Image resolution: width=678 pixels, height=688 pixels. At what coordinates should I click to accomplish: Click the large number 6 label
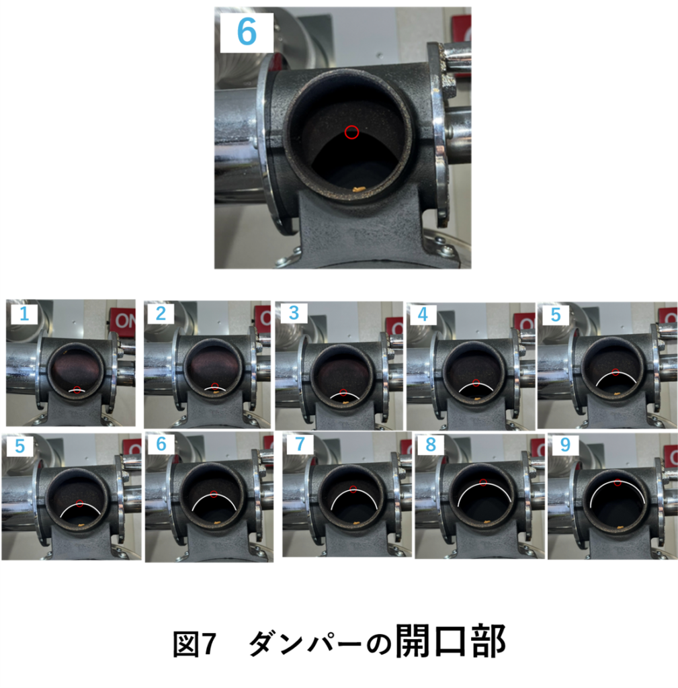[246, 32]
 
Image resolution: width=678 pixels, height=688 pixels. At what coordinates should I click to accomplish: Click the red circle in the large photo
[351, 132]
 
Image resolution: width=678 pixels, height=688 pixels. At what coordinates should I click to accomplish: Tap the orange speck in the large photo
[359, 189]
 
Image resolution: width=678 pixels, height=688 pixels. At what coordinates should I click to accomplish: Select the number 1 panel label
[24, 314]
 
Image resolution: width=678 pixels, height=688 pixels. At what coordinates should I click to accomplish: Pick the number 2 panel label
[161, 314]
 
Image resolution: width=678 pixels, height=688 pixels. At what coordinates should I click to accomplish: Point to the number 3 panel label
[294, 313]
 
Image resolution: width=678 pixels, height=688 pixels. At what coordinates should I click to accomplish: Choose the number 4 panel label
[423, 314]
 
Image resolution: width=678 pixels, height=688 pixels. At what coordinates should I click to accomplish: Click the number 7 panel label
[300, 444]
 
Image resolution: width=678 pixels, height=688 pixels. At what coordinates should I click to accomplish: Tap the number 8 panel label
[431, 445]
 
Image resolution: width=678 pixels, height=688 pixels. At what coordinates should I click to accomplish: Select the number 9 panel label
[565, 445]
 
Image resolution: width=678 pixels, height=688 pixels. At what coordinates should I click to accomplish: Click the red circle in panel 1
[77, 390]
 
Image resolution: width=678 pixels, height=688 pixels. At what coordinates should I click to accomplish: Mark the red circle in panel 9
[618, 482]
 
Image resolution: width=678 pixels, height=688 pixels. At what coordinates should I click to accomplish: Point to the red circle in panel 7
[353, 489]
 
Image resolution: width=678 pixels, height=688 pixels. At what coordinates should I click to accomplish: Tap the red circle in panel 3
[343, 392]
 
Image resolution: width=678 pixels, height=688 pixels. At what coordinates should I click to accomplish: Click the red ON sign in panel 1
[124, 320]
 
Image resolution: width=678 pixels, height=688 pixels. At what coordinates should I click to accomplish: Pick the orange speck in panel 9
[620, 527]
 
